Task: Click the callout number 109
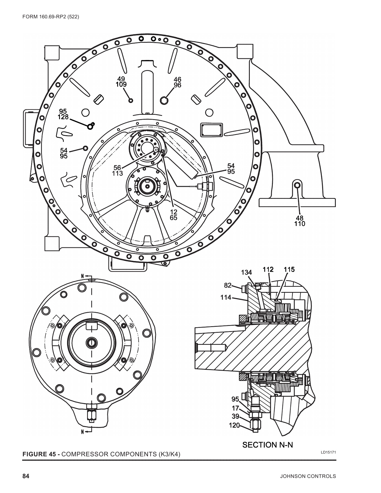point(121,85)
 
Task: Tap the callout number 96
point(177,85)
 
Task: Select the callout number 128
point(63,117)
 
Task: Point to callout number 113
point(117,173)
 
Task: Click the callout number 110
point(300,224)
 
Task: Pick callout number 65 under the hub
point(174,218)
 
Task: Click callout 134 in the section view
point(246,272)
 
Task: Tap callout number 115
point(289,270)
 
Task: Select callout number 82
point(228,285)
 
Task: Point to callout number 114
point(226,297)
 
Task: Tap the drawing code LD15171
point(328,452)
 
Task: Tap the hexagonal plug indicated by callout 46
point(164,100)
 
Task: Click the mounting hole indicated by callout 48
point(298,186)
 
